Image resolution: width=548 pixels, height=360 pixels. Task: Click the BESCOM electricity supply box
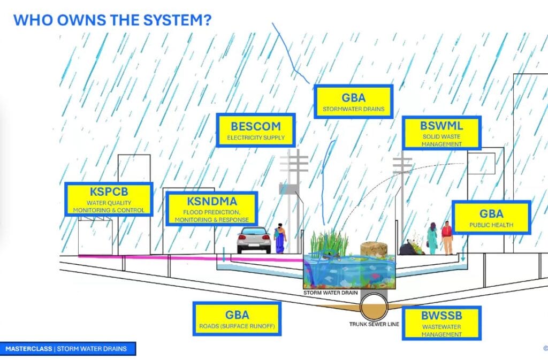point(255,131)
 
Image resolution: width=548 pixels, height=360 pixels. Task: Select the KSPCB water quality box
point(109,199)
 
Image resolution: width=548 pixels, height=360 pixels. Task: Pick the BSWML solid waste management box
point(441,133)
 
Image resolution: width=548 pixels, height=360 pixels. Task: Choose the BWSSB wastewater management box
point(441,322)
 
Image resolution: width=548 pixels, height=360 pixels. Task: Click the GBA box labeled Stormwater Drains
point(353,102)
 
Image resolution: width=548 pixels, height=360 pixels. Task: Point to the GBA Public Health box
point(491,217)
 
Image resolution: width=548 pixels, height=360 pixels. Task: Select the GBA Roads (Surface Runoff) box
point(237,319)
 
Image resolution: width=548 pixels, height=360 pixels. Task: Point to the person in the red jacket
point(446,237)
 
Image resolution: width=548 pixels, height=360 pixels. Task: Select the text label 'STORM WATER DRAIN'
point(328,293)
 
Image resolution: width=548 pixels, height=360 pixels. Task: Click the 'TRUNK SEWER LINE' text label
point(374,324)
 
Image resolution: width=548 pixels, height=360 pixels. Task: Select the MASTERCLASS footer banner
point(67,349)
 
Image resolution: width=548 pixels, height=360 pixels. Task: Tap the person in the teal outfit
point(432,238)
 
